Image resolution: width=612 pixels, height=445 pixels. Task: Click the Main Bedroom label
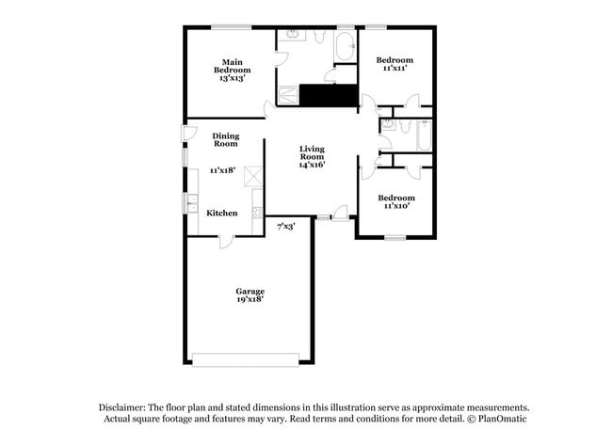click(x=232, y=66)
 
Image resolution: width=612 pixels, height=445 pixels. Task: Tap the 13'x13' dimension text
click(x=232, y=79)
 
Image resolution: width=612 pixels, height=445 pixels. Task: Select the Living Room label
click(x=313, y=152)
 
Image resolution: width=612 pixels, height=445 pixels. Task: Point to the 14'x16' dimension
click(x=313, y=165)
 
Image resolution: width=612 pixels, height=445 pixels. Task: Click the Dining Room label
click(x=225, y=139)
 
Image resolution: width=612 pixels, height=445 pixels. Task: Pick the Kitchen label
click(x=222, y=213)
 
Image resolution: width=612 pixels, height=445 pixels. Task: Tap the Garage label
click(x=250, y=291)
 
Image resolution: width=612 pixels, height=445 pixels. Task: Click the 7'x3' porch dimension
click(x=285, y=226)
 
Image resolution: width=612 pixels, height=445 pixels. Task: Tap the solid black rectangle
click(x=329, y=96)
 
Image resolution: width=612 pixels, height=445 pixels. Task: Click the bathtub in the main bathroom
click(x=345, y=44)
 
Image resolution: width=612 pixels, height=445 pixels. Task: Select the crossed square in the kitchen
click(x=251, y=176)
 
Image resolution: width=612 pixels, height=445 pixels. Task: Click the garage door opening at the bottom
click(x=247, y=357)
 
